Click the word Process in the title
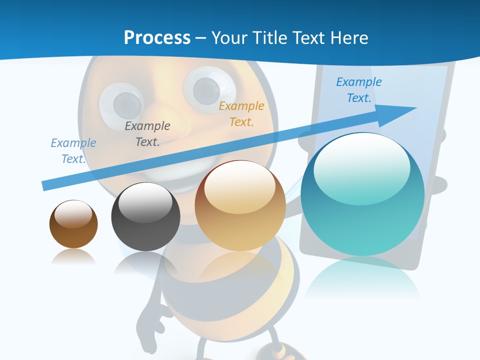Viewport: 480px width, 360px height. (157, 38)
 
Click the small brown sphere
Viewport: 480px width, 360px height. (73, 224)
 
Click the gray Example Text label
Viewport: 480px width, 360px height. (147, 134)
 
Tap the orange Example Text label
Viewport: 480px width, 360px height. (241, 114)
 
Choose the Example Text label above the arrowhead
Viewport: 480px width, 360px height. (358, 90)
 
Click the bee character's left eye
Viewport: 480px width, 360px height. (121, 101)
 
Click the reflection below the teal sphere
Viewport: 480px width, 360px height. (362, 275)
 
